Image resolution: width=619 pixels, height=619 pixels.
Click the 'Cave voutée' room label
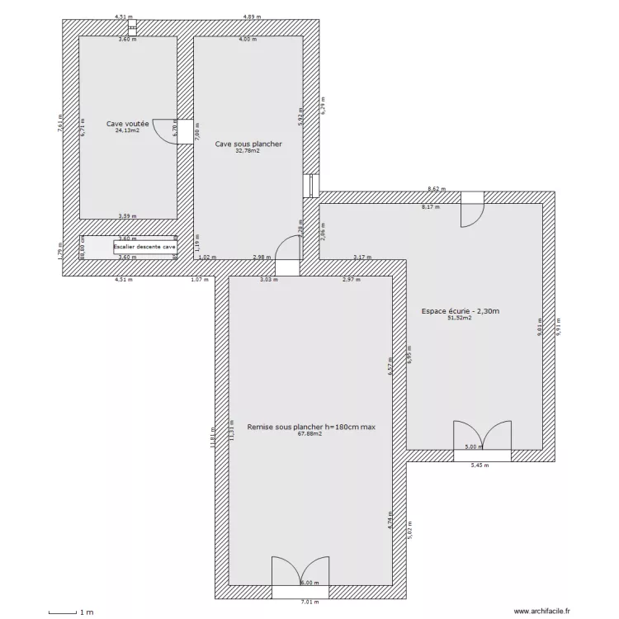pyautogui.click(x=127, y=123)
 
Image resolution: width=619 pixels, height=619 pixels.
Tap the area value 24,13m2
pyautogui.click(x=127, y=130)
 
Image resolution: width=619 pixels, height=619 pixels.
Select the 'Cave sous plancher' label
pyautogui.click(x=248, y=144)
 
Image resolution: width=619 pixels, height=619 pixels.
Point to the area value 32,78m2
pyautogui.click(x=248, y=151)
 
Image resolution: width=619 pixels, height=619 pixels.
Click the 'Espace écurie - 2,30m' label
pyautogui.click(x=461, y=311)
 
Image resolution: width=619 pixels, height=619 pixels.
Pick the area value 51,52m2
pyautogui.click(x=459, y=319)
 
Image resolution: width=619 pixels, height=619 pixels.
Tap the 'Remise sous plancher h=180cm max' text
pyautogui.click(x=310, y=427)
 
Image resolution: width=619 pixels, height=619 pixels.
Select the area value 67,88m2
pyautogui.click(x=310, y=434)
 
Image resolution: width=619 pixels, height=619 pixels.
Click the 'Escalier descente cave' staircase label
pyautogui.click(x=144, y=247)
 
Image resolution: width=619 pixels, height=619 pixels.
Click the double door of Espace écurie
pyautogui.click(x=482, y=437)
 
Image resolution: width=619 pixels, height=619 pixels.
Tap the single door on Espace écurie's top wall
pyautogui.click(x=473, y=211)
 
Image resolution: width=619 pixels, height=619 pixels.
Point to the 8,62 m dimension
pyautogui.click(x=436, y=189)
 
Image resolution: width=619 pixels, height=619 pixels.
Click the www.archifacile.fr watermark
pyautogui.click(x=541, y=611)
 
